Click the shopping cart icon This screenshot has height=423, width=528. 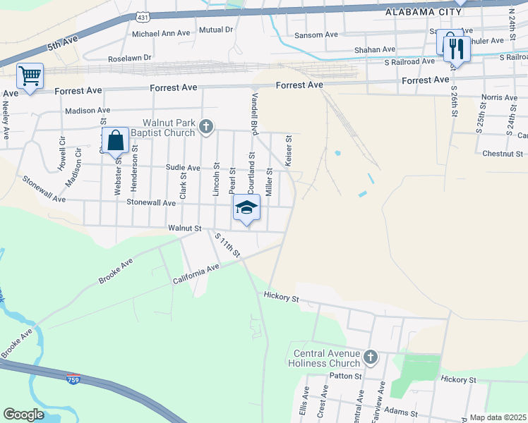tap(30, 75)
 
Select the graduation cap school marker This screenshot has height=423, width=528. tap(246, 207)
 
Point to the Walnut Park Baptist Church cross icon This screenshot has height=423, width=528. tap(206, 127)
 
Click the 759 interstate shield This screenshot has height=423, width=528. tap(73, 379)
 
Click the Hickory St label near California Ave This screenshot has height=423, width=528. tap(282, 298)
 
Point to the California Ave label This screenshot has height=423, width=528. tap(197, 275)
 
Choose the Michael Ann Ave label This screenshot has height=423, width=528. tap(161, 33)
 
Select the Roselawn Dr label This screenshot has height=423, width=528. tap(130, 58)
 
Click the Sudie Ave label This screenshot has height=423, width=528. tap(184, 168)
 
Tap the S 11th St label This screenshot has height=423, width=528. tap(228, 244)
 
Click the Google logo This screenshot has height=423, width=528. tap(23, 415)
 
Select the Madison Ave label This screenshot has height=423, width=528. tap(88, 111)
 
